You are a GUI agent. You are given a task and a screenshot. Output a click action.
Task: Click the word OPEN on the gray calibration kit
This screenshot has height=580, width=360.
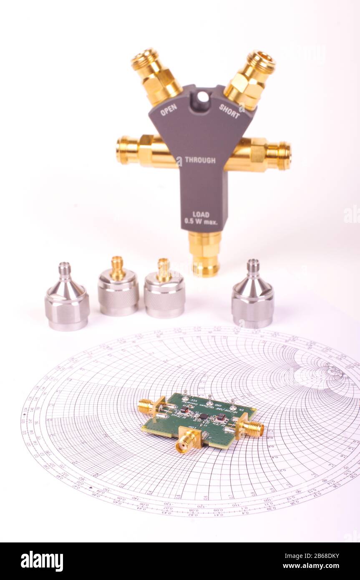169,110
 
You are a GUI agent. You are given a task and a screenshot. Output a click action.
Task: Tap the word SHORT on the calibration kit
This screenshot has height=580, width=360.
229,111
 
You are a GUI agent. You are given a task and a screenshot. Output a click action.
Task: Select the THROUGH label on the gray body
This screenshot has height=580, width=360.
200,160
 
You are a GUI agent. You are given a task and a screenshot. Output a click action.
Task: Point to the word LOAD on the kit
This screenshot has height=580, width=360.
201,214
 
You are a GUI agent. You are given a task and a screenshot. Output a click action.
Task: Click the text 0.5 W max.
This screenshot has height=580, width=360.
201,222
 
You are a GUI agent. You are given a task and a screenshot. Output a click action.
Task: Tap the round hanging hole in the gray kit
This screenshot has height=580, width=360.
203,97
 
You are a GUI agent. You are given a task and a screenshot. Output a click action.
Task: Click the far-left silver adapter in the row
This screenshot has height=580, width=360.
67,298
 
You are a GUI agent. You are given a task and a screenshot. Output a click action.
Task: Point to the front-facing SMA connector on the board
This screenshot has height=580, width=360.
186,442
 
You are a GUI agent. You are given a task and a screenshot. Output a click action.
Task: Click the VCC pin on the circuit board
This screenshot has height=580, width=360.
185,393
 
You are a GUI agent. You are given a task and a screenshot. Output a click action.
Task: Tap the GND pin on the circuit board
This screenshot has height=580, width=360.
209,397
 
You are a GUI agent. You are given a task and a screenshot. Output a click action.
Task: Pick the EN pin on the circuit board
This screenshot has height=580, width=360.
233,402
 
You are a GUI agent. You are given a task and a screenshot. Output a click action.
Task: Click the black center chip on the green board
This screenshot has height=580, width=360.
204,416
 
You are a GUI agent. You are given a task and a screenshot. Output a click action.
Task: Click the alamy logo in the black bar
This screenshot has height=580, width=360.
42,561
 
